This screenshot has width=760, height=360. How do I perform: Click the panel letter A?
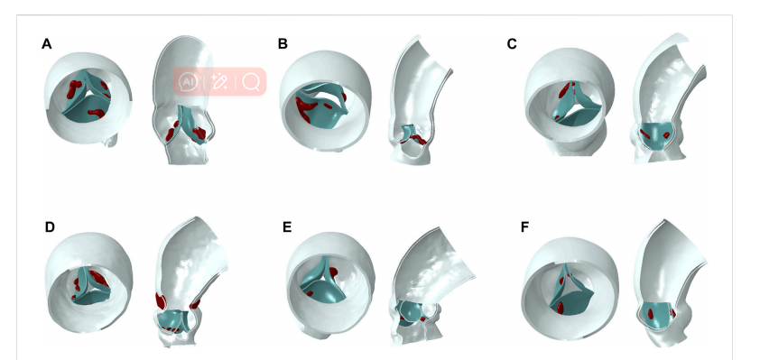point(47,44)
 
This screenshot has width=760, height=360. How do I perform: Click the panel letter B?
point(283,44)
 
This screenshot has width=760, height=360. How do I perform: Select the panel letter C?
point(512,44)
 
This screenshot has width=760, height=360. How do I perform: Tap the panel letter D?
point(50,227)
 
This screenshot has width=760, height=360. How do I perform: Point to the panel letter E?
point(287,227)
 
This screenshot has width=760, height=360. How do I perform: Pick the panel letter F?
point(525,227)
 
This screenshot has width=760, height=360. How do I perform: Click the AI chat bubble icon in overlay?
point(188,82)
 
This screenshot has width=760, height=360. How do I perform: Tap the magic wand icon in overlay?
point(219,82)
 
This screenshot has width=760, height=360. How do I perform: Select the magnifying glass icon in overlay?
point(251,82)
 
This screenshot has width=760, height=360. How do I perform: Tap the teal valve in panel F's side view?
point(658,315)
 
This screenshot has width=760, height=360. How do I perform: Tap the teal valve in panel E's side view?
point(411,312)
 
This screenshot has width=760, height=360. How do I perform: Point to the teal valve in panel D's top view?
point(92,287)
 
